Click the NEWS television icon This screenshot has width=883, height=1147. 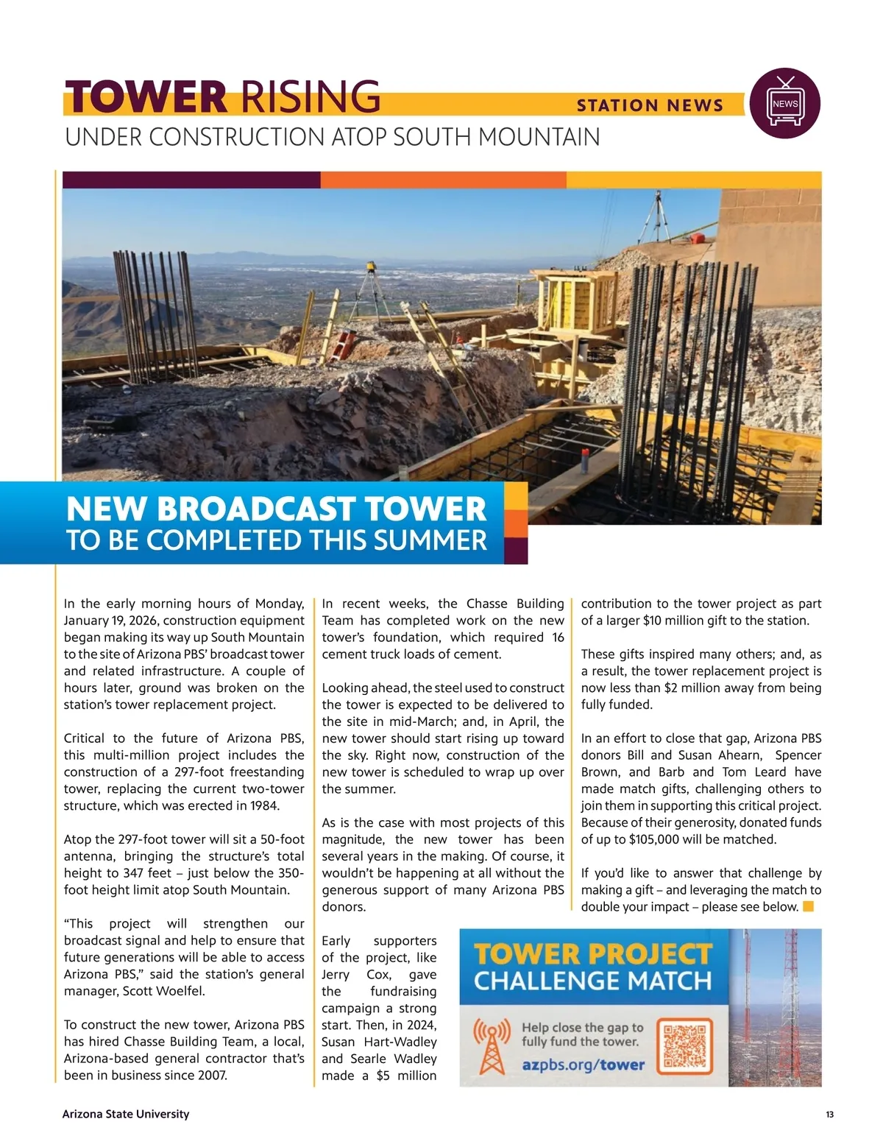tap(784, 104)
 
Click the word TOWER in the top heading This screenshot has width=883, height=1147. tap(146, 98)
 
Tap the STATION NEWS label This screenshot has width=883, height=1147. tap(650, 106)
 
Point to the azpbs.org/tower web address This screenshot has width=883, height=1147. tap(583, 1065)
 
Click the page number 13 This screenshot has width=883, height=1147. tap(829, 1115)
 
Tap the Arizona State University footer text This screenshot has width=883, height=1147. tap(126, 1114)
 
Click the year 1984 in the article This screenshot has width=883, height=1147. tap(265, 805)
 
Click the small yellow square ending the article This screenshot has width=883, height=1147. tap(808, 906)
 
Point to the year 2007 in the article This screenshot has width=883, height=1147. tap(213, 1075)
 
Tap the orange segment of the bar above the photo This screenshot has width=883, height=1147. tap(443, 180)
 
